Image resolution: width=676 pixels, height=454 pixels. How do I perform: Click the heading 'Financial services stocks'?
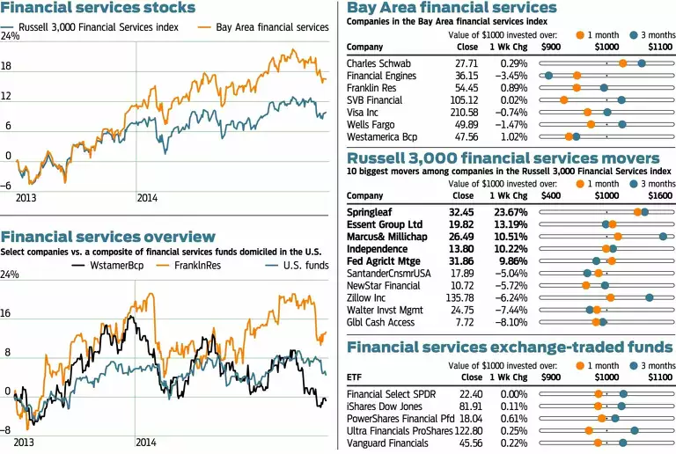(x=99, y=9)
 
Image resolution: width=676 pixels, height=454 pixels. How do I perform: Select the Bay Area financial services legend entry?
(x=272, y=27)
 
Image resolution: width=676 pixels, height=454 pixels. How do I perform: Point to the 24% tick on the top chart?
(x=11, y=37)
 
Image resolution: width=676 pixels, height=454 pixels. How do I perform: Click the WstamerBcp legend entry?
(x=116, y=264)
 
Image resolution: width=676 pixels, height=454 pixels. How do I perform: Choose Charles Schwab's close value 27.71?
(x=467, y=63)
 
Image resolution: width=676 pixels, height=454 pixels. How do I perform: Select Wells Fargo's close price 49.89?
(x=467, y=125)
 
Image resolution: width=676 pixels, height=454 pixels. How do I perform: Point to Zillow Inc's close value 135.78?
(x=464, y=298)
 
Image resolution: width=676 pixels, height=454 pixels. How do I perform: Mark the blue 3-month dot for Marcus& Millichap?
(x=662, y=236)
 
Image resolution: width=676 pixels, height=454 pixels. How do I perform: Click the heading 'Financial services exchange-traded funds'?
(x=511, y=347)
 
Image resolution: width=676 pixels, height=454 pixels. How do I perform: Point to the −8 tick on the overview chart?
(x=7, y=429)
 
